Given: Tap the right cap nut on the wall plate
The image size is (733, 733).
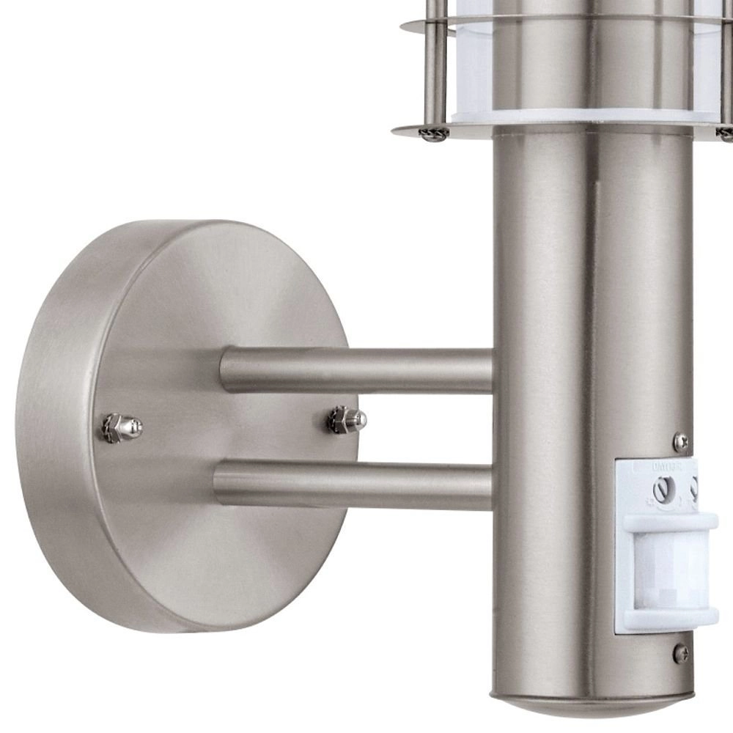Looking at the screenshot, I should tap(347, 420).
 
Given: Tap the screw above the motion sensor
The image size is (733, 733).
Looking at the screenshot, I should tap(681, 441).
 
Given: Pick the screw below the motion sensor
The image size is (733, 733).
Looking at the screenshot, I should tap(681, 651).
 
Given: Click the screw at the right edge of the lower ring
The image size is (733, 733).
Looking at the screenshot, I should tap(725, 134).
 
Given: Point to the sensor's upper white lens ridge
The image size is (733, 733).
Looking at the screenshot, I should tap(669, 523).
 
